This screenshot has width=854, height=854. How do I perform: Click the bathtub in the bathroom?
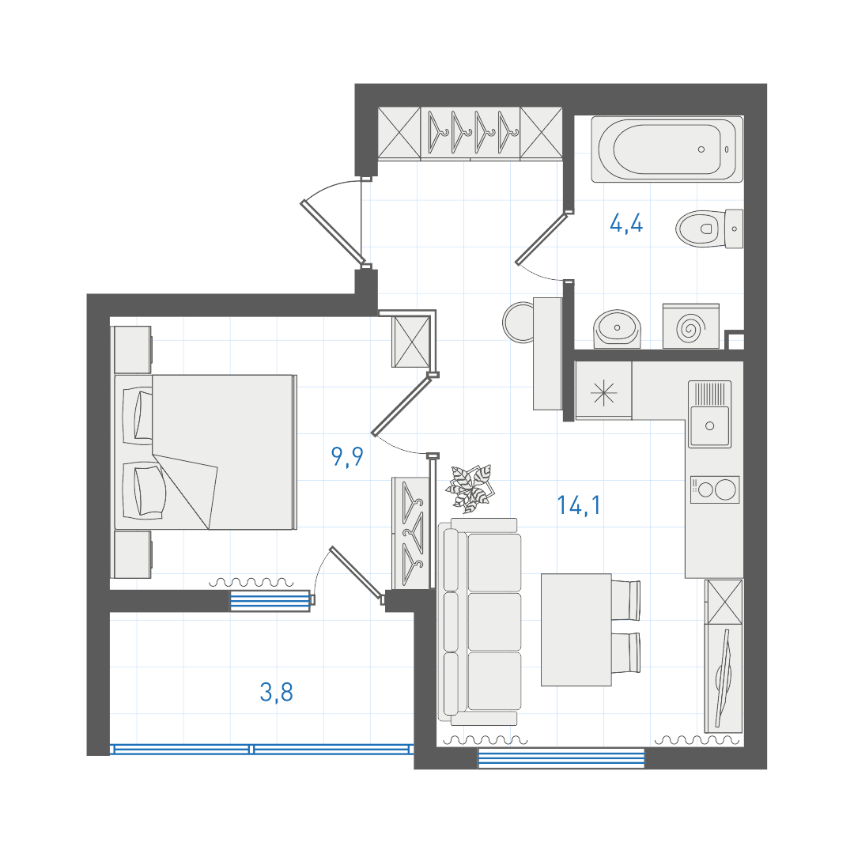[667, 149]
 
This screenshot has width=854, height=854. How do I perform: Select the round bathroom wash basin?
[617, 328]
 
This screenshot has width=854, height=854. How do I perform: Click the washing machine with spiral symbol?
[690, 327]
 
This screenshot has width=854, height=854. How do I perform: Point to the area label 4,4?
[626, 224]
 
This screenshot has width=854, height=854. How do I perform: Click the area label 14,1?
[579, 505]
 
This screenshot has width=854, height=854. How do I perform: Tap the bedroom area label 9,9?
[347, 456]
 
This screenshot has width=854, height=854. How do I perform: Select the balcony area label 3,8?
[277, 692]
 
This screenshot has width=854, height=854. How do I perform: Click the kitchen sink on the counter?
[709, 414]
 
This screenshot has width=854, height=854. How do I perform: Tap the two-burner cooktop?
[715, 489]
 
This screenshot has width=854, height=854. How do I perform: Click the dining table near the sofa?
[576, 629]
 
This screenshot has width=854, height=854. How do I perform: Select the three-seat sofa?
[479, 622]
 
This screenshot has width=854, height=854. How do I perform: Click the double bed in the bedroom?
[206, 452]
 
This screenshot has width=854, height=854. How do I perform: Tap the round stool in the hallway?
[519, 323]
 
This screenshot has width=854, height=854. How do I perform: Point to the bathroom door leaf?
[542, 239]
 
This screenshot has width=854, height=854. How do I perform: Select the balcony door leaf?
[356, 574]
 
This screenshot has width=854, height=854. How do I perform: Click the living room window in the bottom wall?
[561, 758]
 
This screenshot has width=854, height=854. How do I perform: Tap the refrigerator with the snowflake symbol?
[604, 391]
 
